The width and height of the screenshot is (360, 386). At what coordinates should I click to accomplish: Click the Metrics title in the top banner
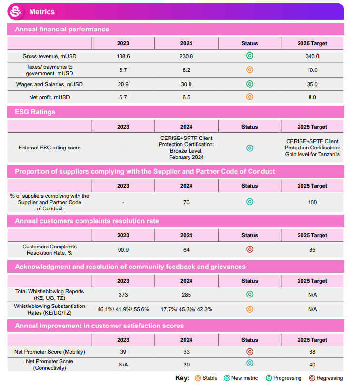tap(42, 12)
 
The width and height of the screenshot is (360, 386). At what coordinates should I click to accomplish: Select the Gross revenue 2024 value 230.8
tap(186, 56)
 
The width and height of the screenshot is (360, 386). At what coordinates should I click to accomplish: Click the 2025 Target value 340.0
tap(312, 56)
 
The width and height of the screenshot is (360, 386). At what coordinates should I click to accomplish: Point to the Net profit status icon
tap(250, 97)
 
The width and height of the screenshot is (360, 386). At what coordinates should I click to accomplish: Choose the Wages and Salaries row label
tap(50, 84)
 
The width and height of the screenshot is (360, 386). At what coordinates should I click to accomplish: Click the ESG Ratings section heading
tap(35, 112)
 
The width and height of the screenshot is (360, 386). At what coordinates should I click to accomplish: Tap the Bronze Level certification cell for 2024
tap(186, 148)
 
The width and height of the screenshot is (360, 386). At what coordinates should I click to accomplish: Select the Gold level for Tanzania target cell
tap(312, 148)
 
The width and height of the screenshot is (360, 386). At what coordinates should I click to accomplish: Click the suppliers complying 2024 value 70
tap(186, 202)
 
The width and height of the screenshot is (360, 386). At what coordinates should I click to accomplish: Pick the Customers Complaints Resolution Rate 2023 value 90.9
tap(123, 250)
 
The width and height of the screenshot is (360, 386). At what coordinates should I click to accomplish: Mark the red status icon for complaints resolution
tap(250, 249)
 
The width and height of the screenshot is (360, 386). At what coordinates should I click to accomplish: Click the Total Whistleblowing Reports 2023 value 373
tap(123, 295)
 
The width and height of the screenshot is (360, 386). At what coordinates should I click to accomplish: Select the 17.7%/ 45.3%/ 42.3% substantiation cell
tap(186, 309)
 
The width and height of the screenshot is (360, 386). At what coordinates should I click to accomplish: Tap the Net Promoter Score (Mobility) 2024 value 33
tap(186, 352)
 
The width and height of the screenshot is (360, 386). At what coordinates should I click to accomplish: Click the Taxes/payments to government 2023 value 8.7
tap(123, 70)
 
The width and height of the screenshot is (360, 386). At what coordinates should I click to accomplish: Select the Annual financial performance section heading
tap(62, 30)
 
